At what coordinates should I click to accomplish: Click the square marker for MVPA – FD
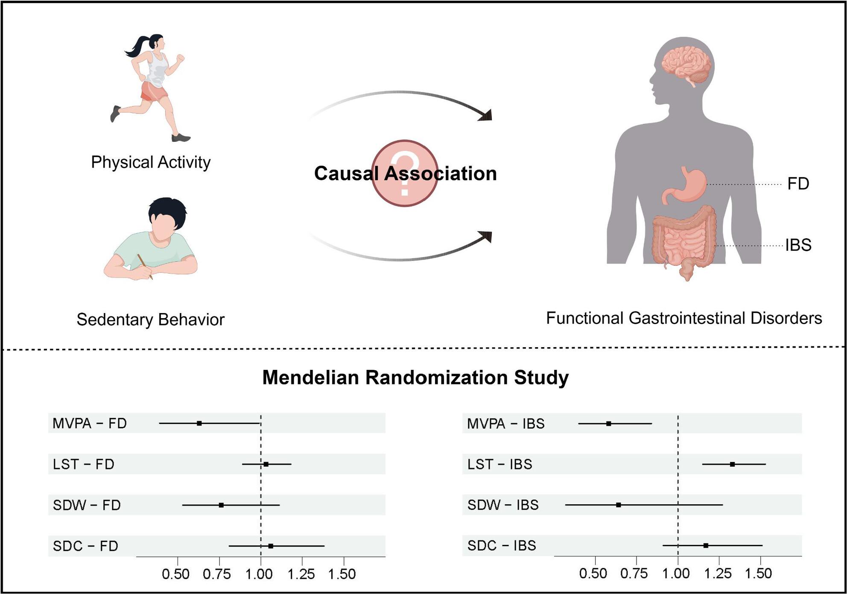coord(199,423)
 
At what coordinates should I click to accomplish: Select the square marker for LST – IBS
coord(732,464)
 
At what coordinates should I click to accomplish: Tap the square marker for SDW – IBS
coord(619,505)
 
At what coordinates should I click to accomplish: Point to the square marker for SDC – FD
coord(271,546)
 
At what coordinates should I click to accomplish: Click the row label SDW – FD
coord(87,505)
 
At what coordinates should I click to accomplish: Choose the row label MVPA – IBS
coord(505,424)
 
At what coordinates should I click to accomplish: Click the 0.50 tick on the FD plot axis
coord(176,574)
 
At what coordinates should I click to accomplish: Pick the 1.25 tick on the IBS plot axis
coord(718,573)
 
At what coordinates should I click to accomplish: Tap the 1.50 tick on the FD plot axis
coord(342,574)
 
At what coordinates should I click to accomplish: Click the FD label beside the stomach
coord(798,184)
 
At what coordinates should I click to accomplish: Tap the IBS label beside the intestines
coord(798,245)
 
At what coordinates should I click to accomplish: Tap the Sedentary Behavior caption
coord(150,319)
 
